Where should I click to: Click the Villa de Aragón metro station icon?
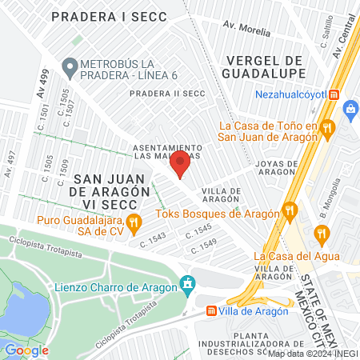point(211,311)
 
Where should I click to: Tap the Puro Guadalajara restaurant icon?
point(134,221)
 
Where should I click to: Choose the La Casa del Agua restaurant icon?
point(322,234)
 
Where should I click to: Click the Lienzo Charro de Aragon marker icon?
point(188,283)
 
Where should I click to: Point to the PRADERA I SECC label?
point(120,16)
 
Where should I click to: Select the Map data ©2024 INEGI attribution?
point(313,353)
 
